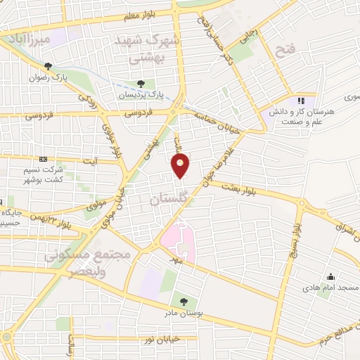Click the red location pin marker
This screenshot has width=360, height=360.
tap(181, 166)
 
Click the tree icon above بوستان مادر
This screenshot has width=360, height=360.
tap(184, 301)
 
